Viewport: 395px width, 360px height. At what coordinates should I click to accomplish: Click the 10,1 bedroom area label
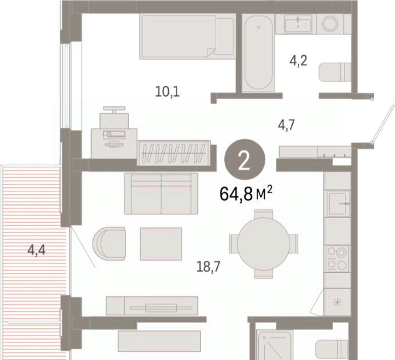(x=167, y=92)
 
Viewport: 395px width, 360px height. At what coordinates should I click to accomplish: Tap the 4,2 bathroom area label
(x=298, y=61)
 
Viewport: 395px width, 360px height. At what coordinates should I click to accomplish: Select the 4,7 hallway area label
(x=286, y=125)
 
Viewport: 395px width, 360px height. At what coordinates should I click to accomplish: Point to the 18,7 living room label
(x=208, y=267)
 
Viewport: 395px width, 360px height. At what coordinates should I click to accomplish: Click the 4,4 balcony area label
(x=36, y=250)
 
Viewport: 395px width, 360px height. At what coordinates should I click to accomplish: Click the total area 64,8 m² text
(x=246, y=194)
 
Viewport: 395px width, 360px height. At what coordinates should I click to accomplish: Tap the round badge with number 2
(x=245, y=159)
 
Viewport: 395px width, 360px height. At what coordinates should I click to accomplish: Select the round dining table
(x=263, y=244)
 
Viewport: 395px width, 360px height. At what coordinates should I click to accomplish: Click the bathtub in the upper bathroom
(x=258, y=53)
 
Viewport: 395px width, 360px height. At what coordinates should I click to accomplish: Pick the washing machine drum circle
(x=330, y=24)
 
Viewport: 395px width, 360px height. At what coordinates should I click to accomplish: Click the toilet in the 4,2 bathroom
(x=335, y=72)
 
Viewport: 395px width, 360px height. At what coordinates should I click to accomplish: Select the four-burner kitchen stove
(x=337, y=258)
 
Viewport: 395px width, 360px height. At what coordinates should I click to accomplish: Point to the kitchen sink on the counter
(x=339, y=203)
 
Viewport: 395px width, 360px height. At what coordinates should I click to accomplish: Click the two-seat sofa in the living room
(x=161, y=194)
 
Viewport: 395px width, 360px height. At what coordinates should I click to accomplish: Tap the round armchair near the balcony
(x=109, y=243)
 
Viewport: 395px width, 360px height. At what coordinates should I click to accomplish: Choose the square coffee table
(x=161, y=244)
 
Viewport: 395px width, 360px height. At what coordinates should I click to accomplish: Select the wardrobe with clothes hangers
(x=174, y=153)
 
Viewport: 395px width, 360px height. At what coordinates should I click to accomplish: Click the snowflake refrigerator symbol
(x=337, y=302)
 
